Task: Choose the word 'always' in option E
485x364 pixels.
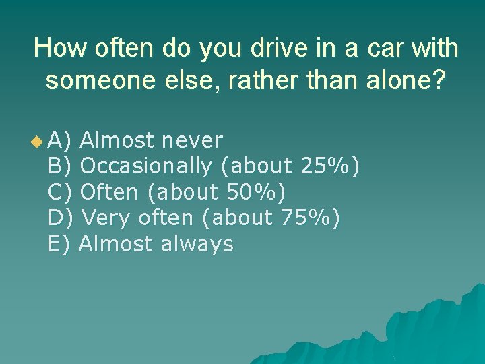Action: pyautogui.click(x=197, y=243)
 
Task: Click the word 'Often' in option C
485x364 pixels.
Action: pyautogui.click(x=109, y=192)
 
